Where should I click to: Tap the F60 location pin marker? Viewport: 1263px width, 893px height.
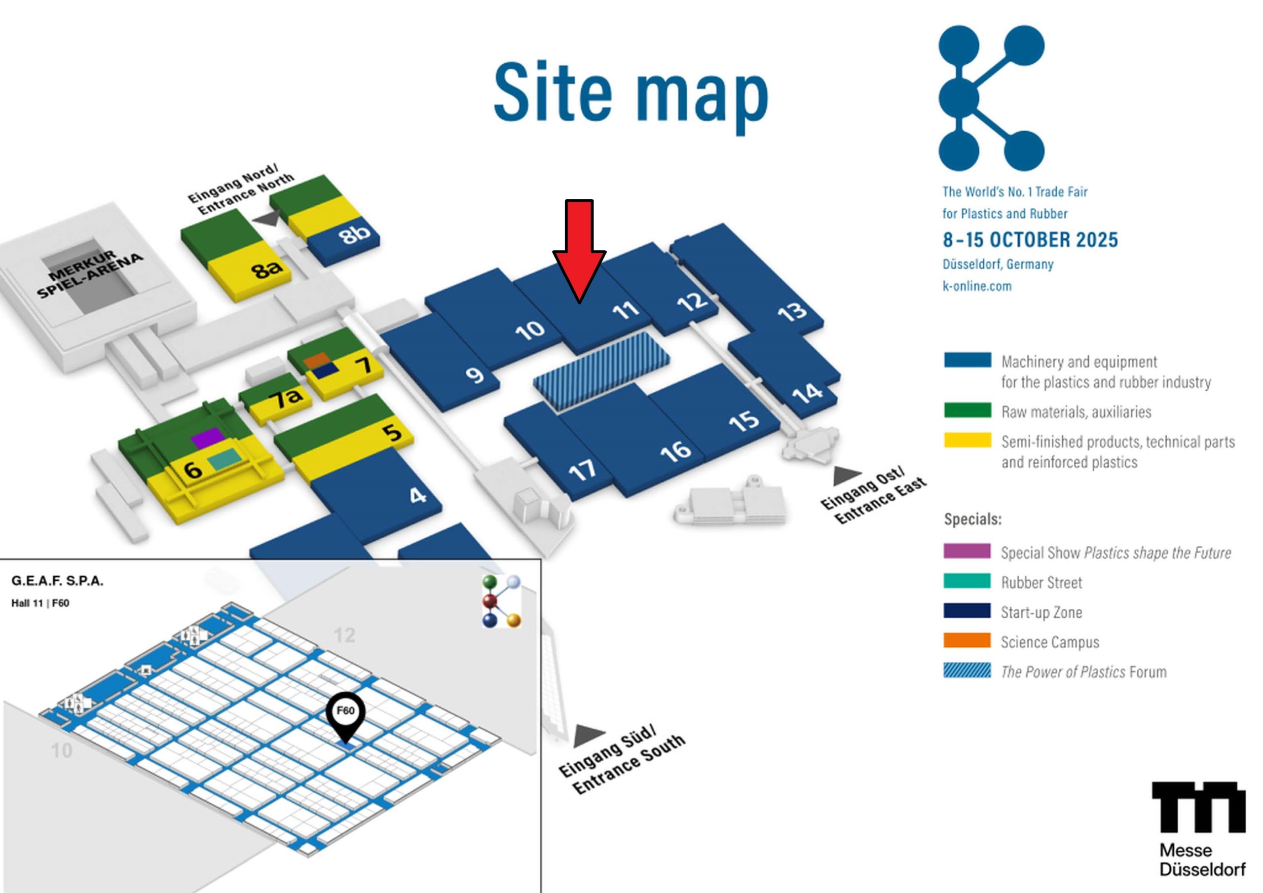coord(345,717)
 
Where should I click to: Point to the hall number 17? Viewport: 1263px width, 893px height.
coord(582,469)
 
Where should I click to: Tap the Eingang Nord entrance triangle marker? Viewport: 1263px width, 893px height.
coord(267,219)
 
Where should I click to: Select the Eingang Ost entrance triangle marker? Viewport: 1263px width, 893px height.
coord(847,476)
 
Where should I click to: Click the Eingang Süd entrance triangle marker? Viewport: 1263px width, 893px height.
coord(589,735)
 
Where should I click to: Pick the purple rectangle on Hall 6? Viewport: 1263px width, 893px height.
coord(208,438)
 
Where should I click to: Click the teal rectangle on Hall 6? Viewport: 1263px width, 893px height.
coord(224,459)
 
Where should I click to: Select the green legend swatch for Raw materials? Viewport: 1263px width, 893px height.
coord(967,410)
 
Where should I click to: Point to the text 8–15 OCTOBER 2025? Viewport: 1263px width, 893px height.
coord(1030,240)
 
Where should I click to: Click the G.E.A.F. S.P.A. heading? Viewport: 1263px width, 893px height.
coord(57,581)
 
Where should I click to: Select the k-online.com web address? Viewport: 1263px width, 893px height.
coord(977,286)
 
